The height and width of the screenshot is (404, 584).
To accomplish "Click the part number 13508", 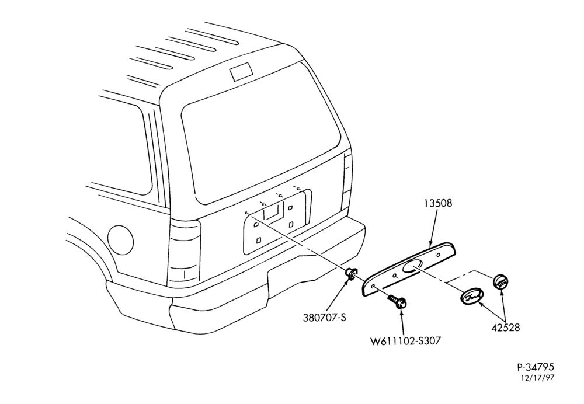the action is click(x=438, y=203).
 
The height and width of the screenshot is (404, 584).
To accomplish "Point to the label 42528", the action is click(x=505, y=328).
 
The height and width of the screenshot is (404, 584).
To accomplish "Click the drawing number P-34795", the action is click(x=536, y=367).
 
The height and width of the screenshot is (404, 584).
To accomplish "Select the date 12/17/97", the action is click(x=538, y=378).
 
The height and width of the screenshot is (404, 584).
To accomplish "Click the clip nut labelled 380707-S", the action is click(x=352, y=274).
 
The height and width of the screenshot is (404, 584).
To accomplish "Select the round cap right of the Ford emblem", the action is click(x=501, y=281).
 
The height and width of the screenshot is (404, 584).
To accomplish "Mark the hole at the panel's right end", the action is click(x=439, y=255).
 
